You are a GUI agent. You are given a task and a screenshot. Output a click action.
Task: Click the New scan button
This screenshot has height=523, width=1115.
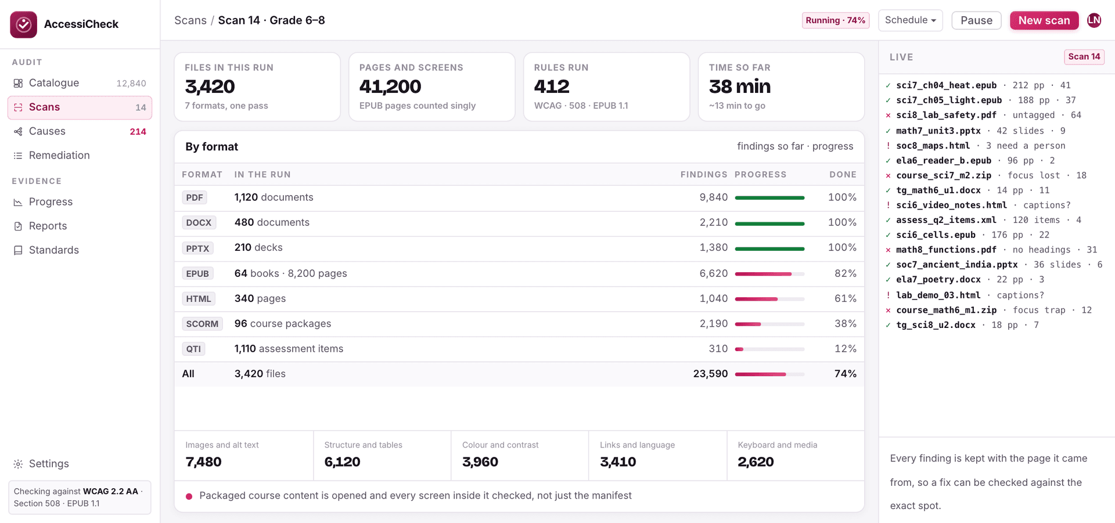coord(1044,20)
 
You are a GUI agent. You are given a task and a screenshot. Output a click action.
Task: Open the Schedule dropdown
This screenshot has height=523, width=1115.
coord(910,20)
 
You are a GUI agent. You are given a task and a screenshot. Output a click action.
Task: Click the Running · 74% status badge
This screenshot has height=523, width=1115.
coord(835,20)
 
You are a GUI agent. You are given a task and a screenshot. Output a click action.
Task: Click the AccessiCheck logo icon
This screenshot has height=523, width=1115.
coord(24,24)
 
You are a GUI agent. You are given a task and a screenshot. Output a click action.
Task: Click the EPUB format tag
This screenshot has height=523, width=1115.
coord(197,273)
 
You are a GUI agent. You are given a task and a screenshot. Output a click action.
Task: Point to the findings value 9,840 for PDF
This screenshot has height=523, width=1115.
coord(713,197)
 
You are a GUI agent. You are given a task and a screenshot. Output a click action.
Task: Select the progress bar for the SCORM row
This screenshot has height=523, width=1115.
coord(769,324)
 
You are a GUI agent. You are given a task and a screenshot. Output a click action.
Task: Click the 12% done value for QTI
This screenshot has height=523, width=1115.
coord(845,348)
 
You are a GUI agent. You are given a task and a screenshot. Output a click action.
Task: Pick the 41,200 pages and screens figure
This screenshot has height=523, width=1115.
coord(390,86)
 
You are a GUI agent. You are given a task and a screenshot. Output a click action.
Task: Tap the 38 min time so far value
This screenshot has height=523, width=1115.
coord(739,86)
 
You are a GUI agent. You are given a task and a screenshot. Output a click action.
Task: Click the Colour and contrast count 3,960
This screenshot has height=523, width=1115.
coord(480,462)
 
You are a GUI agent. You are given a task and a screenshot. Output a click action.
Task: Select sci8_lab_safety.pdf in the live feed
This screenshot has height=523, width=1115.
coord(946,115)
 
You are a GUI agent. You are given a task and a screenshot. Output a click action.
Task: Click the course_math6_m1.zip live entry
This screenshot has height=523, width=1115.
coord(946,310)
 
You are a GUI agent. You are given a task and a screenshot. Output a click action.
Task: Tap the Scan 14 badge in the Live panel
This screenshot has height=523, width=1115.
coord(1084,56)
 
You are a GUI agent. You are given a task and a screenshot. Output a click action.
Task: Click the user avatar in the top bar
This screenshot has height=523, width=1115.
coord(1094,20)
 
